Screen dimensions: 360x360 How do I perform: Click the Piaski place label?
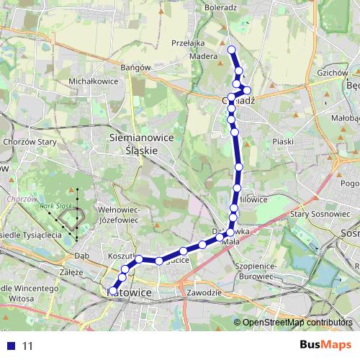pos(284,141)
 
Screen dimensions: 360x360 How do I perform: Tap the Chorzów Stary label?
pos(30,142)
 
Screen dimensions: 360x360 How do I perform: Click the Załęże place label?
pos(74,273)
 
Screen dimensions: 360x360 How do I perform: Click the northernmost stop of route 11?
pos(232,49)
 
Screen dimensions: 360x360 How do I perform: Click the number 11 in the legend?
pos(27,346)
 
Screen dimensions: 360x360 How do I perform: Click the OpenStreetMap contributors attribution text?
pos(297,323)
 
